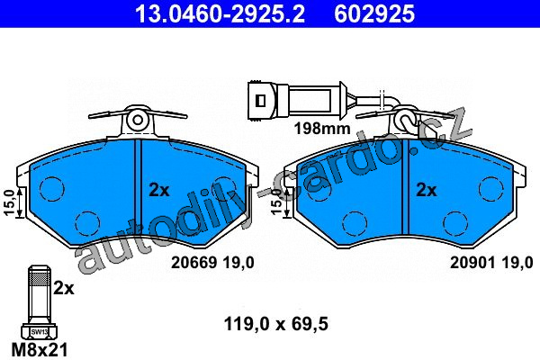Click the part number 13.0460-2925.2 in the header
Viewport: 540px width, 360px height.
pos(220,13)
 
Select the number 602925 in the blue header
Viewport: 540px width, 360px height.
pos(374,13)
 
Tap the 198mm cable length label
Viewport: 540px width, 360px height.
pos(322,129)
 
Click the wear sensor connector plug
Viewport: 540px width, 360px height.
pos(262,101)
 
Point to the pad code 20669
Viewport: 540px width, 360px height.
pos(194,263)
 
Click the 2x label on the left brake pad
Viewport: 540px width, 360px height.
pos(158,190)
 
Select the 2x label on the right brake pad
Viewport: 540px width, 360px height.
pos(427,190)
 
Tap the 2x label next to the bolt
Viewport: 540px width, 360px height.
pos(64,288)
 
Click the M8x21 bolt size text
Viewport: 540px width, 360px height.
pos(40,350)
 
